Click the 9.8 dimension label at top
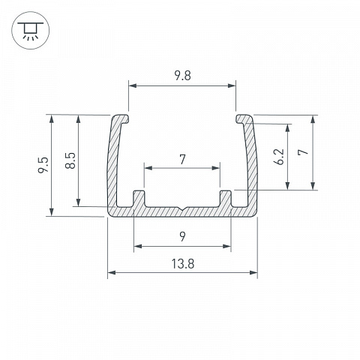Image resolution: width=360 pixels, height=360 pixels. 182,76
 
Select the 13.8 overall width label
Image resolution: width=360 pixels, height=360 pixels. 183,264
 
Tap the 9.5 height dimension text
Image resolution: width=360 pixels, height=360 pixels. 43,165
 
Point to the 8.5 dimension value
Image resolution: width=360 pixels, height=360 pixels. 70,160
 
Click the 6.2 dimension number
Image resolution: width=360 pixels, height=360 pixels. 279,157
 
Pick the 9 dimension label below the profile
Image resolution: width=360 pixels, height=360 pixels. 183,236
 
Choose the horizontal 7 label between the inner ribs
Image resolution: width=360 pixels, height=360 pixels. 183,160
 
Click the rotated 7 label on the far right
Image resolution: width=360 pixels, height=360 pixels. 303,151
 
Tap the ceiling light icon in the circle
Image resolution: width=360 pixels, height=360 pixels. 31,30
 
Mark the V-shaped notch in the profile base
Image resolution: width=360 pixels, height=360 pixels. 183,208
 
